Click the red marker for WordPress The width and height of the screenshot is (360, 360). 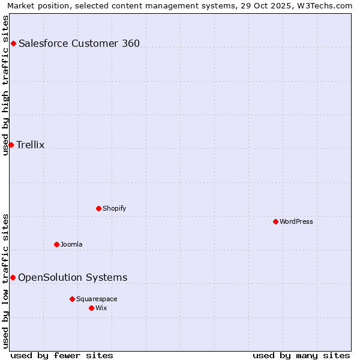click(x=275, y=221)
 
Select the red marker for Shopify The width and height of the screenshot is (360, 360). click(x=98, y=208)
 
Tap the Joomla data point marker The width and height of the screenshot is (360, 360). click(x=56, y=244)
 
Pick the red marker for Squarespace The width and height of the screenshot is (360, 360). click(x=72, y=299)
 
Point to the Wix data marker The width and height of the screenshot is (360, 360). click(x=91, y=308)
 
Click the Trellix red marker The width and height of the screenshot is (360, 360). click(x=11, y=145)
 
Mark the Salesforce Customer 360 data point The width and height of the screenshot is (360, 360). click(x=13, y=43)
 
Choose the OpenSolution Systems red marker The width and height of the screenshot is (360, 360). click(x=13, y=277)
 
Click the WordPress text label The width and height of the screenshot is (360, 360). click(x=296, y=221)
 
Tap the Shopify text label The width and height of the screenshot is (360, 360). click(x=114, y=208)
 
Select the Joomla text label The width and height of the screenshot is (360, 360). click(x=71, y=244)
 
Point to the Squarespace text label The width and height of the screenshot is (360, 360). click(x=97, y=299)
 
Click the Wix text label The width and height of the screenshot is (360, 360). click(x=101, y=308)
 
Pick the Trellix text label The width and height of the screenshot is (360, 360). click(x=31, y=145)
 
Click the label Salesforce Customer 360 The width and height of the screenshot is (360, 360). click(x=79, y=43)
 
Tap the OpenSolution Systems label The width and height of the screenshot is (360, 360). click(x=73, y=277)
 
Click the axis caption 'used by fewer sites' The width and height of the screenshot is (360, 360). click(x=62, y=355)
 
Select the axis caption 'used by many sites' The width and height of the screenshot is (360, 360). click(x=301, y=355)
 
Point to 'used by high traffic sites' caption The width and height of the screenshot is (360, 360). click(x=5, y=85)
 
